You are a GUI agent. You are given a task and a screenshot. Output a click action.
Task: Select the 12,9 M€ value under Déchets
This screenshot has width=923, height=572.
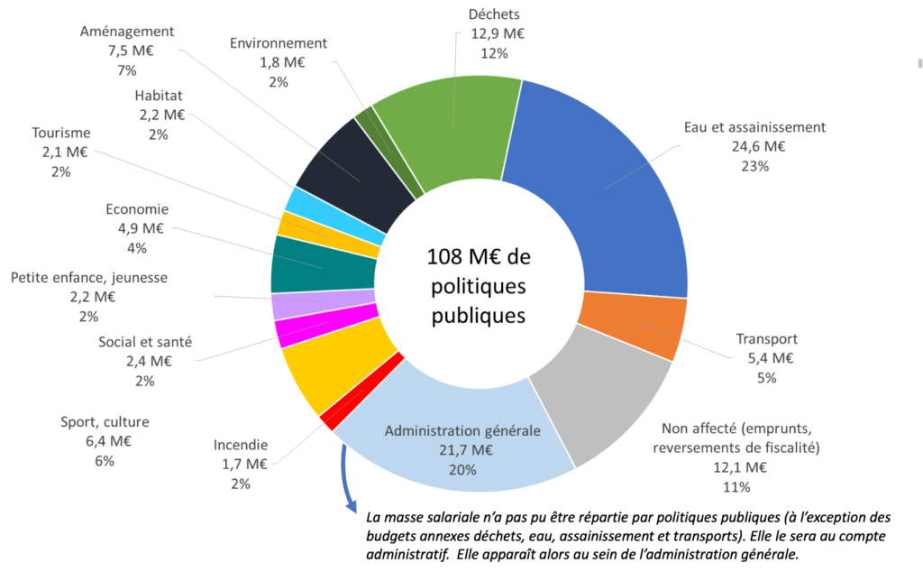496,33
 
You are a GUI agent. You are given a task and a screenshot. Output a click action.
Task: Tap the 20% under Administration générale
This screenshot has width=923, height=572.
462,469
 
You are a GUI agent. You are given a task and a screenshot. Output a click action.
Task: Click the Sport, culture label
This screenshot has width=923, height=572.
105,421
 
